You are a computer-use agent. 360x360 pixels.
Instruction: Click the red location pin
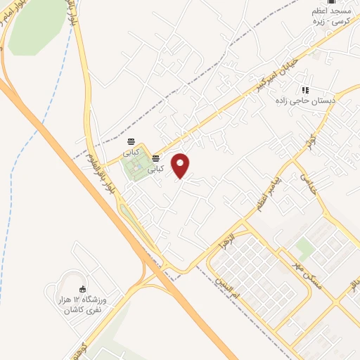(x=181, y=165)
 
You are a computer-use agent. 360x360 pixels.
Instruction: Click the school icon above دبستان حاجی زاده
(x=305, y=91)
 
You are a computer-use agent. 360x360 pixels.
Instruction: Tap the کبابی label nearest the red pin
(x=158, y=169)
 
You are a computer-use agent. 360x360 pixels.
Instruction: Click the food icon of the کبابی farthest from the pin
(x=131, y=142)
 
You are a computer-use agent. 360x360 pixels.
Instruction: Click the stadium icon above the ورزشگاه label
(x=82, y=289)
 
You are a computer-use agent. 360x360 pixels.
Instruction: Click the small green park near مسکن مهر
(x=304, y=247)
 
